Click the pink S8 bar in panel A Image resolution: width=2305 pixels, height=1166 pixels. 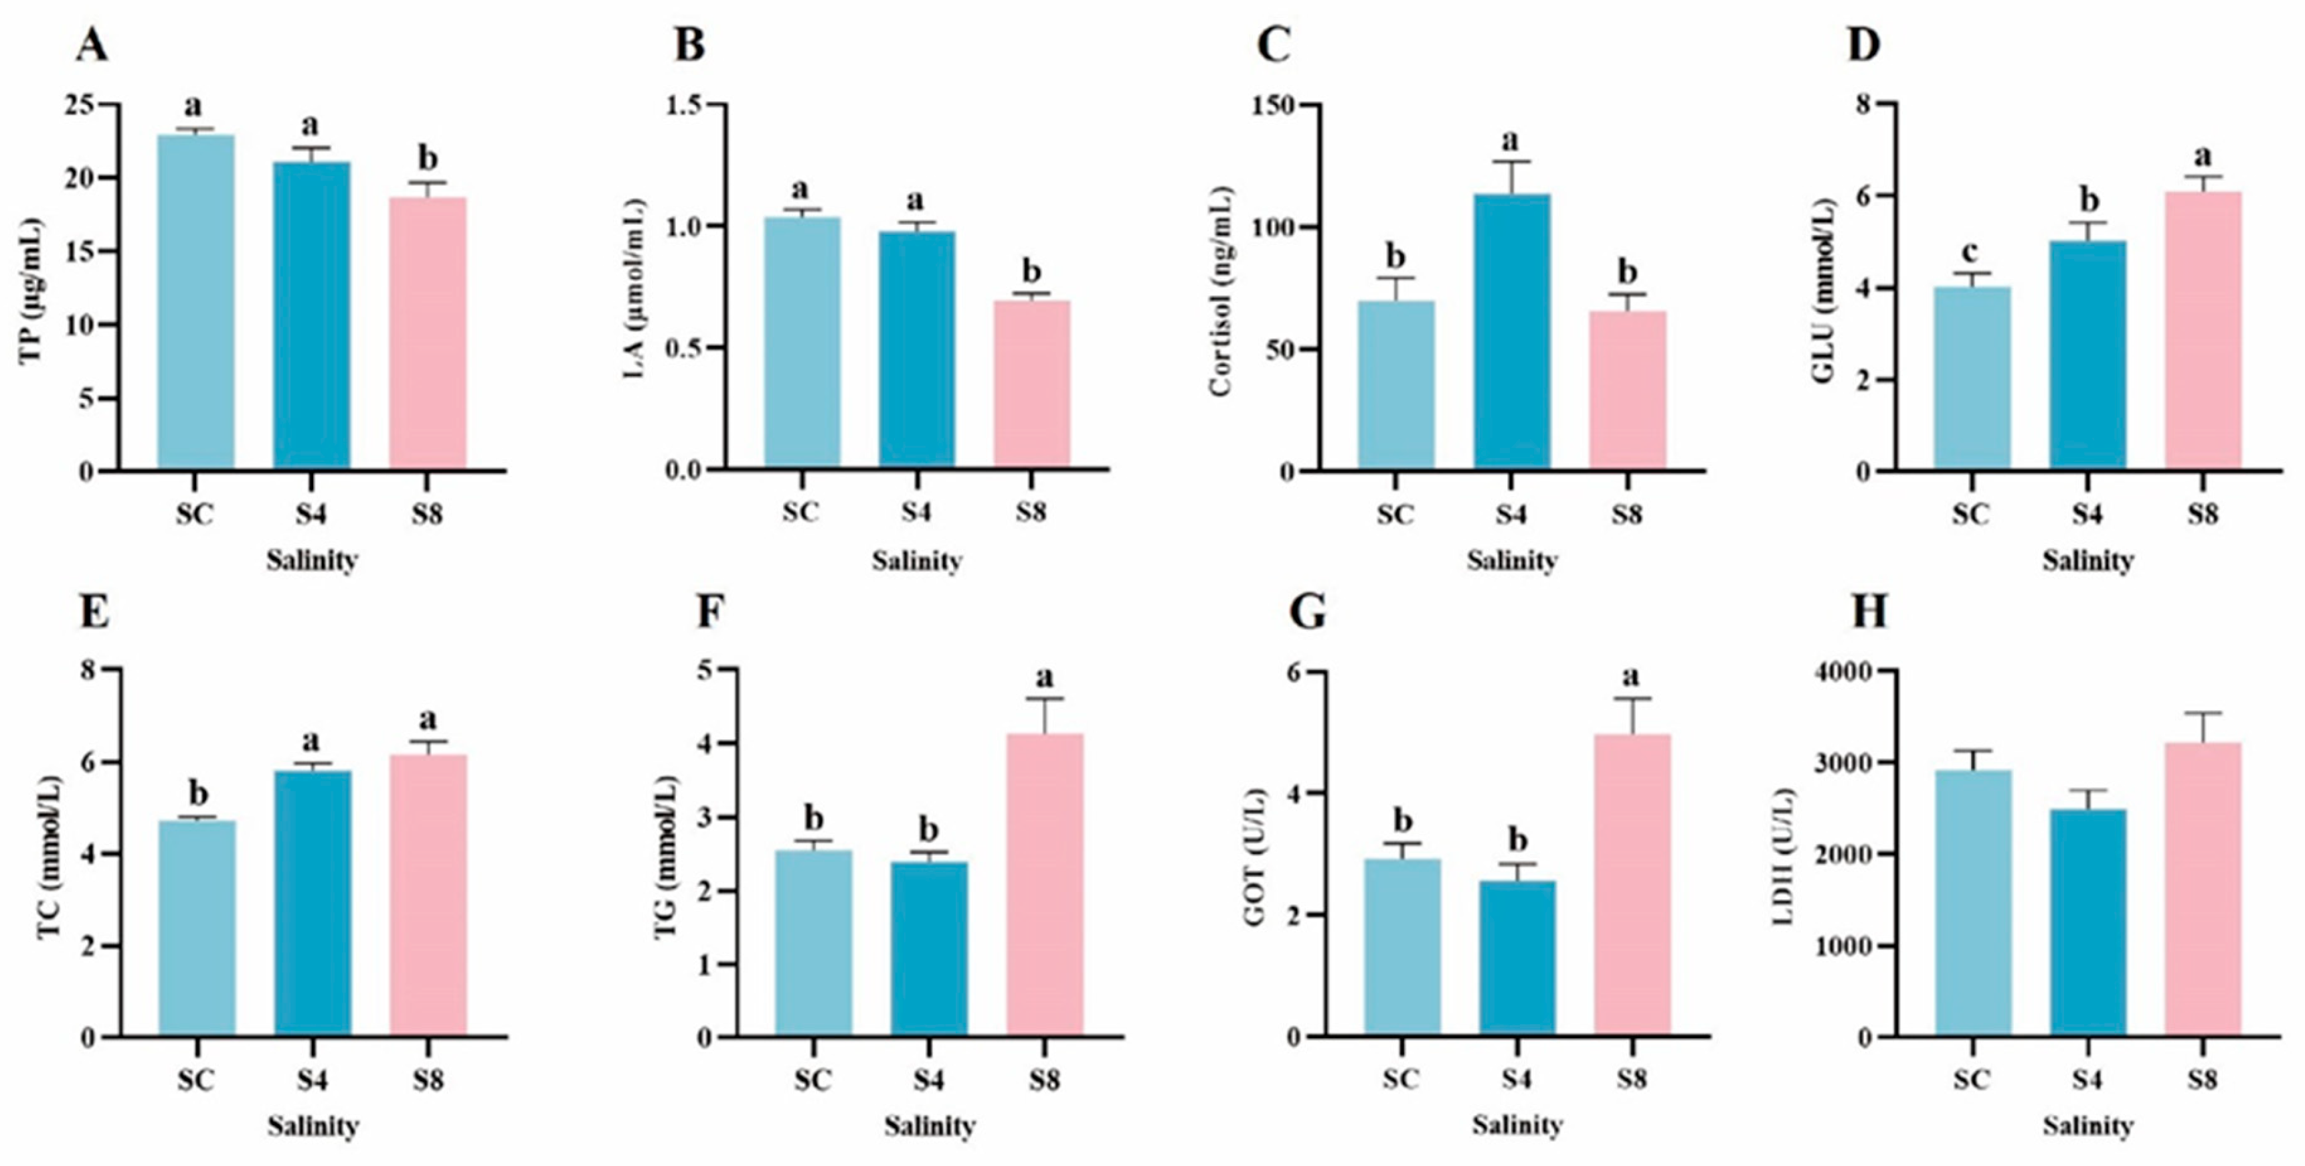[x=428, y=333]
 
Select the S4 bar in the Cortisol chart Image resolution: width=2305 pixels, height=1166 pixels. [x=1512, y=331]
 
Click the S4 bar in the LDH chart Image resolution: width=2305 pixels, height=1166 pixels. [x=2087, y=922]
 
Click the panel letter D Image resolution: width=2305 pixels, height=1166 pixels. [x=1864, y=45]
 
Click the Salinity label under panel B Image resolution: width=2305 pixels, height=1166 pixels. [x=916, y=561]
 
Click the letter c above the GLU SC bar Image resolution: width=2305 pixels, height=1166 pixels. [x=1970, y=252]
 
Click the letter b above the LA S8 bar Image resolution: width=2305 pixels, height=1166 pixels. [x=1032, y=271]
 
